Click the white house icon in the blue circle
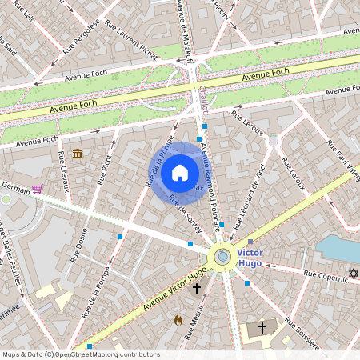tap(180, 172)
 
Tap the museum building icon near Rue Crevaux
tap(77, 154)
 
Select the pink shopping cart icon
tap(37, 189)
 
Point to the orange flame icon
tap(178, 319)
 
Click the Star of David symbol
tap(352, 274)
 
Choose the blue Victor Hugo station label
tap(251, 258)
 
